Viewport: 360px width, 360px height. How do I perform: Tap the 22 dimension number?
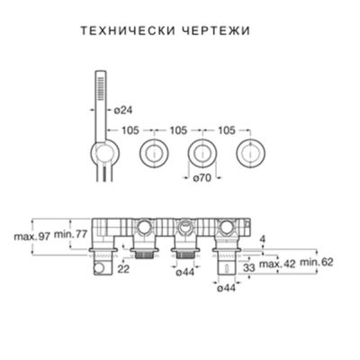[122, 269]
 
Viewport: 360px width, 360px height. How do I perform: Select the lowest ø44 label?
[225, 288]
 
